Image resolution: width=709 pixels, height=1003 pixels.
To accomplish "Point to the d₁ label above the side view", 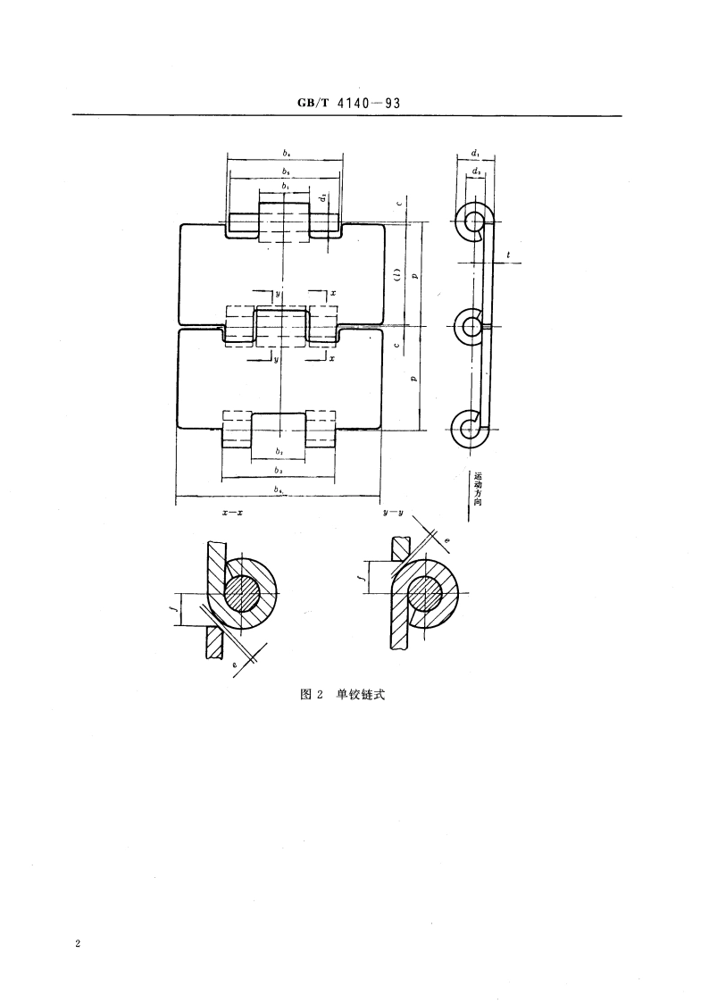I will click(473, 154).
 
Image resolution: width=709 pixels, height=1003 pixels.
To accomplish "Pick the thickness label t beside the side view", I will click(508, 256).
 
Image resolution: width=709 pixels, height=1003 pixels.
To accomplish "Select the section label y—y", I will click(388, 514).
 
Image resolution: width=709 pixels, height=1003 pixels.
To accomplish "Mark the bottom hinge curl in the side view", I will click(471, 430).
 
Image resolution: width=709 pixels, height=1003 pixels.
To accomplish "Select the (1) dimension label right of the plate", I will click(396, 274).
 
